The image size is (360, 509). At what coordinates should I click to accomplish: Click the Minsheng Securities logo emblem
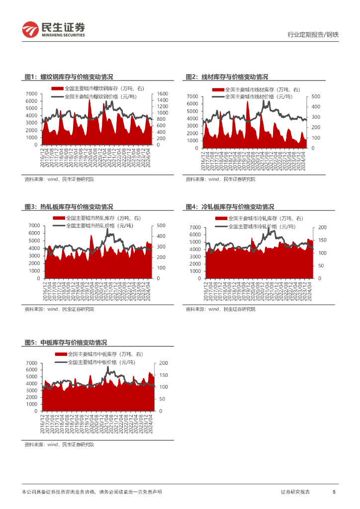(30, 29)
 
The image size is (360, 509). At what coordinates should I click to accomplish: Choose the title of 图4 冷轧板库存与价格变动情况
(230, 207)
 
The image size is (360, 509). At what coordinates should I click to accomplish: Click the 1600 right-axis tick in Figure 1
(163, 94)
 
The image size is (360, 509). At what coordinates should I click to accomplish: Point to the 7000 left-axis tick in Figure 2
(192, 96)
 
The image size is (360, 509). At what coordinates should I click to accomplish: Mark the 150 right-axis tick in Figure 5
(163, 375)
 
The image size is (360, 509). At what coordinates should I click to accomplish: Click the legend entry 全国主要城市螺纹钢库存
(97, 88)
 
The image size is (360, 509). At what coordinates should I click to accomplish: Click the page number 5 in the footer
(334, 492)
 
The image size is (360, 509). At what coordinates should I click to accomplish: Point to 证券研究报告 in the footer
(295, 492)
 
